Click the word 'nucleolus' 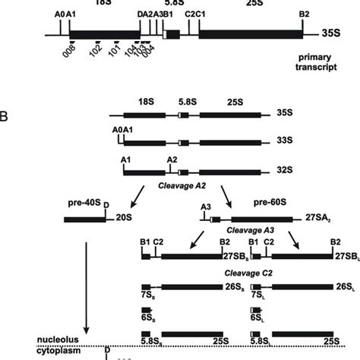click(x=18, y=339)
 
